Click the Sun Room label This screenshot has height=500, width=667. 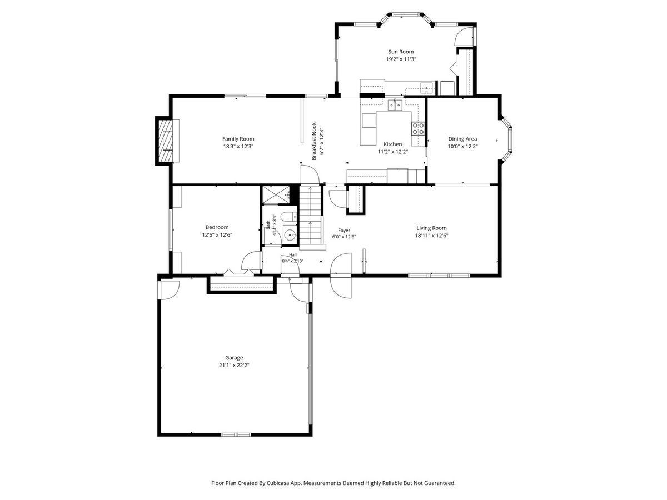[401, 52]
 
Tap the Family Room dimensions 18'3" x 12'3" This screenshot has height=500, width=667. [238, 146]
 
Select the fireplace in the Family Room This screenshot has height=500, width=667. [168, 141]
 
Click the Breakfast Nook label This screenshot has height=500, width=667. [314, 141]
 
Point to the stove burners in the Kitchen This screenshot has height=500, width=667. [418, 128]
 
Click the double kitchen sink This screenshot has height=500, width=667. [395, 105]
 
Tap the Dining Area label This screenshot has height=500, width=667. [462, 139]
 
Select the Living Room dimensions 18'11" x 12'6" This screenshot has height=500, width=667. [431, 236]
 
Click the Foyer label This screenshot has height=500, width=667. [344, 231]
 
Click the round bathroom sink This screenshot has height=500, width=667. [290, 234]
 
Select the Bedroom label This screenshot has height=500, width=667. [217, 227]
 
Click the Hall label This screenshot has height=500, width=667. [292, 255]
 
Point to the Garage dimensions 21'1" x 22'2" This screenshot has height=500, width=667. [234, 365]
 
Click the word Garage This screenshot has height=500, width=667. [234, 358]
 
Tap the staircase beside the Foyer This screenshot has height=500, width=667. [310, 217]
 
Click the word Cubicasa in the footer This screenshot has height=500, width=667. [278, 483]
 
